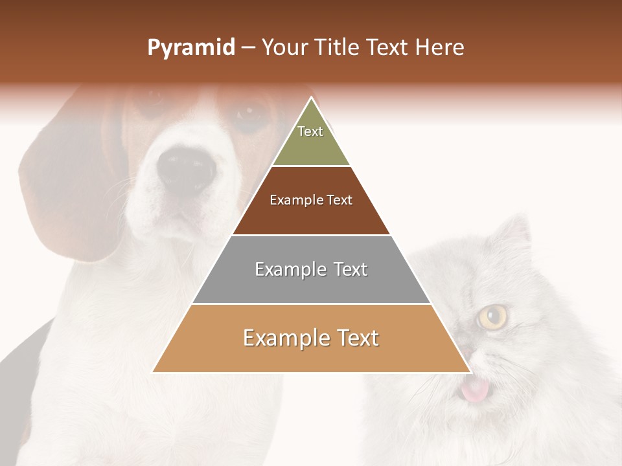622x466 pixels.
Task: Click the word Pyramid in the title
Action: pyautogui.click(x=190, y=48)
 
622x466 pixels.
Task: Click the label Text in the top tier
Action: pyautogui.click(x=310, y=131)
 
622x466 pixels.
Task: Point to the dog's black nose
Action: pyautogui.click(x=186, y=170)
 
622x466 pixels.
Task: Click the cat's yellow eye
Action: pyautogui.click(x=493, y=316)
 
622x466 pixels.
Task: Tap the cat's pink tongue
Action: pyautogui.click(x=475, y=390)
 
